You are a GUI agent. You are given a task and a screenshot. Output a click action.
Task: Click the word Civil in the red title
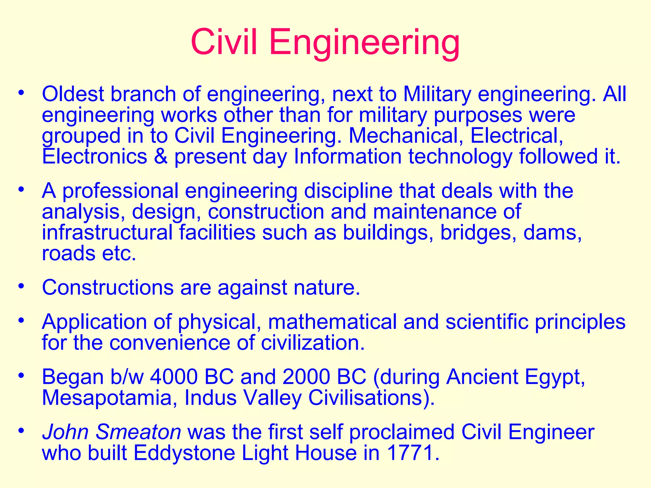pyautogui.click(x=224, y=42)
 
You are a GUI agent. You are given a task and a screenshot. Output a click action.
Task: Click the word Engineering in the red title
pyautogui.click(x=364, y=43)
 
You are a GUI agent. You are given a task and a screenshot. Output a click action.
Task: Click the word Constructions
pyautogui.click(x=108, y=288)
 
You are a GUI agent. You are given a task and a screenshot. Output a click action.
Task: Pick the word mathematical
pyautogui.click(x=332, y=322)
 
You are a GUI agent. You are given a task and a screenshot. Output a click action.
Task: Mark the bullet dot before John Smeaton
pyautogui.click(x=21, y=431)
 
